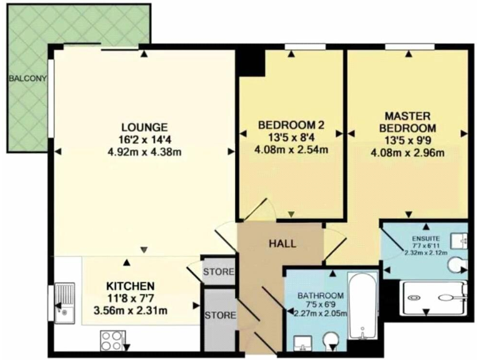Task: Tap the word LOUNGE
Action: [x=144, y=125]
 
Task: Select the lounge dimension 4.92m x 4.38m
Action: [x=144, y=152]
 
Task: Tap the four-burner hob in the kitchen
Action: [x=112, y=341]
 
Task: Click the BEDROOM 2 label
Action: [x=291, y=125]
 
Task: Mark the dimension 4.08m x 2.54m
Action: [x=291, y=149]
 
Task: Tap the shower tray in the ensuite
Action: [x=434, y=297]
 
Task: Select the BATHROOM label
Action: [x=320, y=296]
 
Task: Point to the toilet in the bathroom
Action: [x=331, y=341]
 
